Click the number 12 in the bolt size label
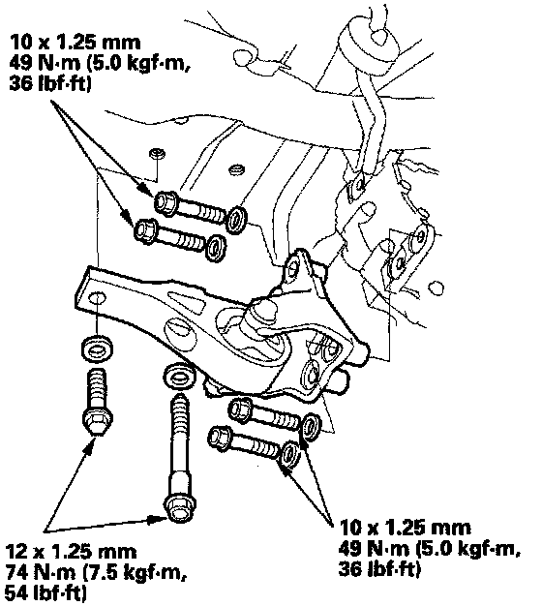[x=17, y=552]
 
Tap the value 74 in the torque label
[x=17, y=572]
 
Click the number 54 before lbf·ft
[x=17, y=592]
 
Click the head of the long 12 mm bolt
[x=179, y=508]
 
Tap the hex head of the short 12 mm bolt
[x=98, y=420]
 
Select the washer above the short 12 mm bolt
[x=97, y=349]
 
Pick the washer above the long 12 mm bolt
[x=180, y=375]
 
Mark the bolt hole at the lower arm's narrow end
[x=97, y=299]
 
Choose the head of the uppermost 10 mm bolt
[x=166, y=202]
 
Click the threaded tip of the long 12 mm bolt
[x=179, y=402]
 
